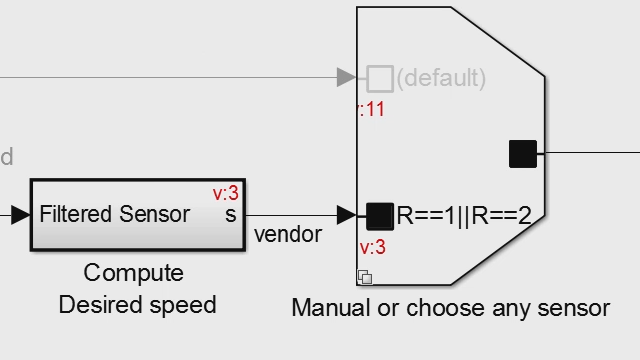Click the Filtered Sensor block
tap(137, 215)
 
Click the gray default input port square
tap(379, 78)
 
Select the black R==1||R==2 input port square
tap(379, 215)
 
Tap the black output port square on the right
tap(523, 154)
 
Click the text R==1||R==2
tap(464, 215)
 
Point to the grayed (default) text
tap(441, 78)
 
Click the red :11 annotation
tap(371, 109)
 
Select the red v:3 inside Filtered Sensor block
tap(225, 192)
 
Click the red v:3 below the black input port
tap(372, 247)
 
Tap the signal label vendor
tap(288, 235)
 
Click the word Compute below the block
tap(134, 273)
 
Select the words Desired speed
tap(137, 305)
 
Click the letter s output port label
tap(230, 215)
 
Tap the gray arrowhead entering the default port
tap(347, 78)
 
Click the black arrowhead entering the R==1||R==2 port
tap(347, 215)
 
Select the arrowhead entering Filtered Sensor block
tap(20, 215)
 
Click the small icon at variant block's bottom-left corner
tap(365, 277)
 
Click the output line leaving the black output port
tap(590, 154)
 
